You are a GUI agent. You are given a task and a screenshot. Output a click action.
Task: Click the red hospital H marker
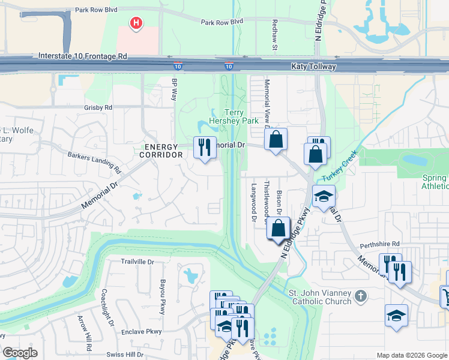click(137, 23)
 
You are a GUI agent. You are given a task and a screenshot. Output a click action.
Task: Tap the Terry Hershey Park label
click(233, 116)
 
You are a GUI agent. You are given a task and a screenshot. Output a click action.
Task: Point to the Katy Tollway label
click(314, 67)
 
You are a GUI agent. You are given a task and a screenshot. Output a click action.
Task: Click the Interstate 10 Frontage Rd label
click(83, 56)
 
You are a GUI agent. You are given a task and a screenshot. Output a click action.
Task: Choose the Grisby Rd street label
click(98, 107)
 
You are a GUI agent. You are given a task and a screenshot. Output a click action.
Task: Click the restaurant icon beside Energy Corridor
click(205, 147)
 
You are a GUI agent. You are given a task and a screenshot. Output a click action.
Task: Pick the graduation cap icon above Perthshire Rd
click(324, 196)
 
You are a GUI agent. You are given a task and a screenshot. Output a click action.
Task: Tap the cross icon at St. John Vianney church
click(360, 296)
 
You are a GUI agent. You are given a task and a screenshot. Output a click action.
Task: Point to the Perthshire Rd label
click(379, 245)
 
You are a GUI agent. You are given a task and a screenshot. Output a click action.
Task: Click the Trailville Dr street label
click(137, 262)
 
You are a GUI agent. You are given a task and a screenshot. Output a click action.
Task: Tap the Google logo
click(20, 353)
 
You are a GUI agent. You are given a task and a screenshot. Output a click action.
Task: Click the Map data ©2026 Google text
click(411, 355)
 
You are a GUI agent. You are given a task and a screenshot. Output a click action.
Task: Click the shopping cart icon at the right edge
click(445, 296)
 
